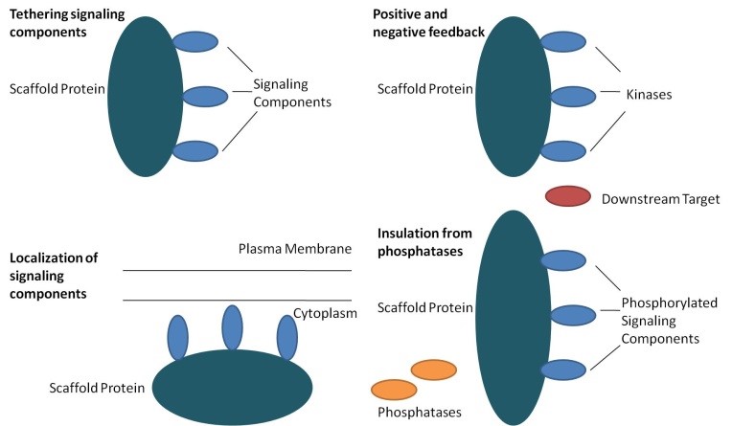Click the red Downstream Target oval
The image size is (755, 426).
pos(568,196)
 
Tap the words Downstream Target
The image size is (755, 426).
pos(661,199)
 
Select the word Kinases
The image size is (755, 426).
pos(649,95)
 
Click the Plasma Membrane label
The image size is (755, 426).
pos(295,249)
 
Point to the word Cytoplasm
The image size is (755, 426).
pos(325,313)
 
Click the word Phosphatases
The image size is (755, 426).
pos(420,412)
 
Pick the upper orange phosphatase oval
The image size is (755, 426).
pos(434,370)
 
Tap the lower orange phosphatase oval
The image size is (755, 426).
pos(394,390)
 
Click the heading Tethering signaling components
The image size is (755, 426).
pos(67,23)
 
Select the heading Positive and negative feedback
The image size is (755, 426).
pos(428,23)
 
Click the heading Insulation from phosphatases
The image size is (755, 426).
pos(424,242)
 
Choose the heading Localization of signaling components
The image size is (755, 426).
pos(54,276)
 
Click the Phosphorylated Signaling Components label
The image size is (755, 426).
pos(670,321)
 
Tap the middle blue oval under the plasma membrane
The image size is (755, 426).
pos(233,327)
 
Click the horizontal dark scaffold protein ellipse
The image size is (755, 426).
pos(233,388)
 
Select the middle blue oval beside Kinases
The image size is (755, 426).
pos(573,97)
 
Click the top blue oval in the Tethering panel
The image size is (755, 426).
pos(195,42)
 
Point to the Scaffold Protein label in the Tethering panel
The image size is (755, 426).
pos(57,89)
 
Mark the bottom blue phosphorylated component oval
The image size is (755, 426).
pos(563,370)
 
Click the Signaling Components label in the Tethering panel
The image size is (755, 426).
pos(292,94)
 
